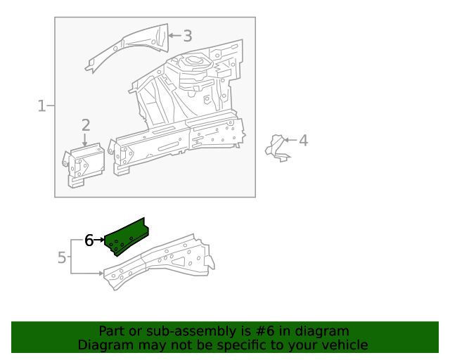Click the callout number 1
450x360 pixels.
(41, 106)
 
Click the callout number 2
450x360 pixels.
(86, 125)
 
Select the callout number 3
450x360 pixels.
(187, 35)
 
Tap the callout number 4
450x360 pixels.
(303, 141)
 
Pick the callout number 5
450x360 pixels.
(62, 257)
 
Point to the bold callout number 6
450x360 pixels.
(89, 240)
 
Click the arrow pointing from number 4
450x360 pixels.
(291, 141)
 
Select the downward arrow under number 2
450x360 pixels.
(85, 140)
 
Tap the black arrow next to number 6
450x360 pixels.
(99, 240)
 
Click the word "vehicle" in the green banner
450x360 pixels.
(343, 345)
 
